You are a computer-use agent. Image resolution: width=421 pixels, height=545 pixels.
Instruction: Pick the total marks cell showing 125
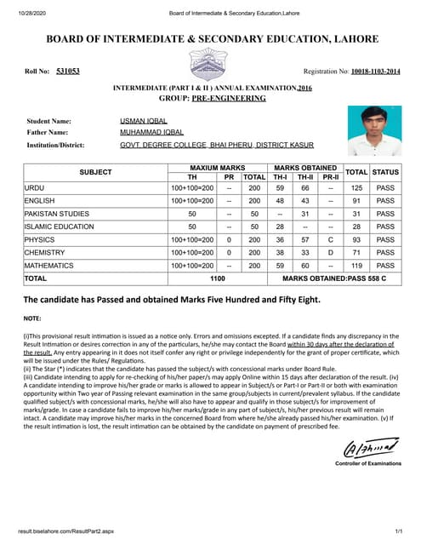click(357, 187)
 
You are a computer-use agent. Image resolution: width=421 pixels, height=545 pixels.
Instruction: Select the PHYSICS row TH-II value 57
click(304, 240)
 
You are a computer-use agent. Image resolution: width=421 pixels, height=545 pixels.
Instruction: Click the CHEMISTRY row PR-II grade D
click(330, 253)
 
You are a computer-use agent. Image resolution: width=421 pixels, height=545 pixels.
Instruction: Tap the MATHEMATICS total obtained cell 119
click(357, 266)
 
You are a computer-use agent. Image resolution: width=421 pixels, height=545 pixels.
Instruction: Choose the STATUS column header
click(385, 172)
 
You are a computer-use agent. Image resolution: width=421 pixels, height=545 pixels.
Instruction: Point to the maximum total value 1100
click(217, 278)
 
